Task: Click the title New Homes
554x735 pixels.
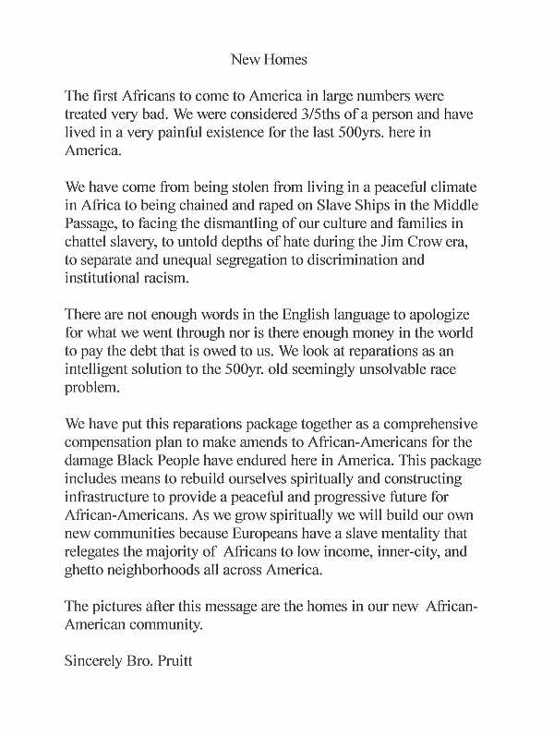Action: coord(269,60)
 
